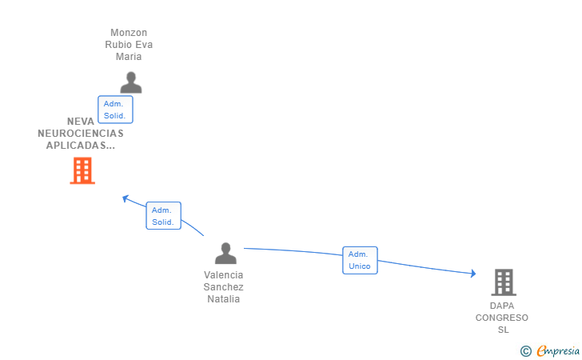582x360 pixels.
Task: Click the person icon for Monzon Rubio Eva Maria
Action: click(130, 82)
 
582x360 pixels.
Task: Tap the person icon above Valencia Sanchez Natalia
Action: click(226, 254)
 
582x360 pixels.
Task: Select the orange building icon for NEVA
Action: click(82, 170)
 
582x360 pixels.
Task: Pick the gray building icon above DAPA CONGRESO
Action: click(503, 282)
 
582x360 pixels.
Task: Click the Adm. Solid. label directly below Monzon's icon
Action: click(115, 110)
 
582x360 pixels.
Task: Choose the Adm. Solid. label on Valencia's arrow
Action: click(163, 216)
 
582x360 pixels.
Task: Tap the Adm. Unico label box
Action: click(360, 260)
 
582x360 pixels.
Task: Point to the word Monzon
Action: click(129, 33)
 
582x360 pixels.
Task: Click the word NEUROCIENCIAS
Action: click(81, 134)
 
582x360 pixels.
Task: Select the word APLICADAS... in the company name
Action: click(81, 146)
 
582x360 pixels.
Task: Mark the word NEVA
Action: click(81, 122)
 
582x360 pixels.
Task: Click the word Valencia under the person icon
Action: click(224, 275)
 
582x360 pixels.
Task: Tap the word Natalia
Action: click(224, 299)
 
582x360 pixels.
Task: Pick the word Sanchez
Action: click(224, 287)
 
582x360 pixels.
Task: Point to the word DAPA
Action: click(503, 306)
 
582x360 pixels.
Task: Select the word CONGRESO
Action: click(502, 318)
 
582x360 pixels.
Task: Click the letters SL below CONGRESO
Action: click(503, 330)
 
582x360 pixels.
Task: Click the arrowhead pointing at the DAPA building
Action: click(474, 274)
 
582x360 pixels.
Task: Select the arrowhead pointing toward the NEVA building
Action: click(125, 198)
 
